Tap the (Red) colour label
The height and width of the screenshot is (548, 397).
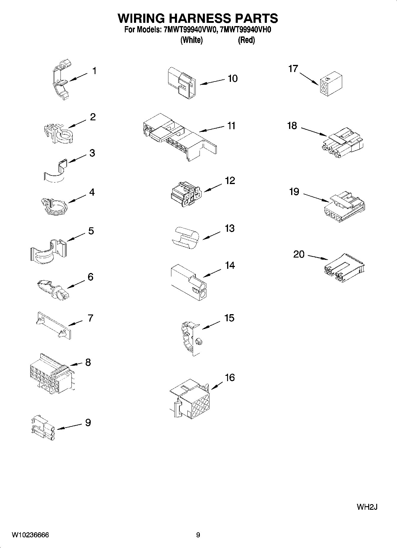click(x=246, y=40)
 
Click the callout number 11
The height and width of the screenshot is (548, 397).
click(x=231, y=126)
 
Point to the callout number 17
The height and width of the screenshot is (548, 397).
click(x=293, y=69)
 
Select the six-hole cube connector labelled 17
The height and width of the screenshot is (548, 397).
click(x=331, y=84)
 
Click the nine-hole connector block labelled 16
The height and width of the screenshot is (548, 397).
click(x=191, y=399)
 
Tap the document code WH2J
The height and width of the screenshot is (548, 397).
click(x=367, y=507)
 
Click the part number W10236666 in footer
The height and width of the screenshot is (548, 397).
click(x=30, y=535)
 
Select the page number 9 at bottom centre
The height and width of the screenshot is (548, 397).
click(x=198, y=535)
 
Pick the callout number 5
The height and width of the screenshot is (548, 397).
click(x=91, y=231)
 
